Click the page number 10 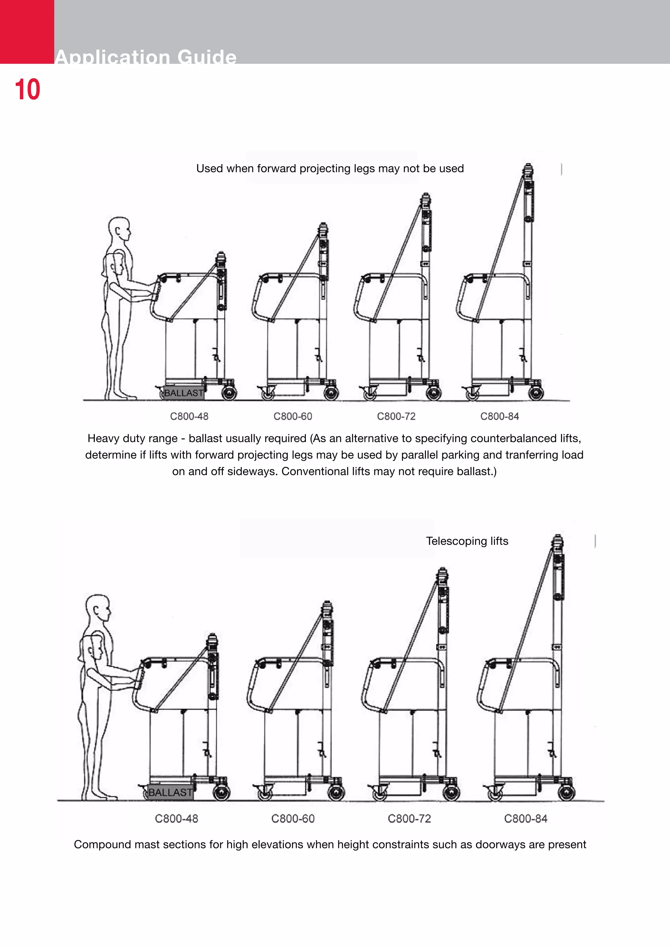pyautogui.click(x=27, y=90)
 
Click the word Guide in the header pyautogui.click(x=207, y=57)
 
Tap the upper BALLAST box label pyautogui.click(x=184, y=393)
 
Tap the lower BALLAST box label pyautogui.click(x=170, y=792)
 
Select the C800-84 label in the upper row pyautogui.click(x=499, y=416)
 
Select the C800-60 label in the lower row pyautogui.click(x=292, y=818)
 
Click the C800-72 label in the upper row pyautogui.click(x=396, y=416)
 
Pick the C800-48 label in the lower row pyautogui.click(x=176, y=818)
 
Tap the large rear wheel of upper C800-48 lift pyautogui.click(x=229, y=393)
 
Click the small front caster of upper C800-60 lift pyautogui.click(x=267, y=395)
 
